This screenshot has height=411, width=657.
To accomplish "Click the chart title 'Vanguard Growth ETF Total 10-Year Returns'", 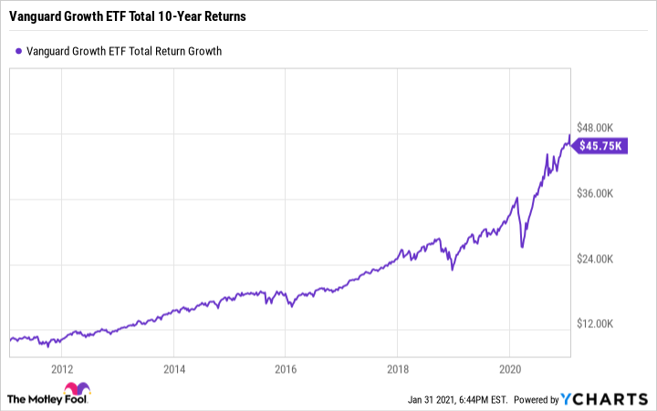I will coord(126,17).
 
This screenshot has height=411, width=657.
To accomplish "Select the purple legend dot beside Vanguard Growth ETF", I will coord(18,51).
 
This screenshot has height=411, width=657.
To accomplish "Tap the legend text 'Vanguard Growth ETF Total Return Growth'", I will coord(124,51).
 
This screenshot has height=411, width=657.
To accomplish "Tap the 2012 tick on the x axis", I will coord(62,369).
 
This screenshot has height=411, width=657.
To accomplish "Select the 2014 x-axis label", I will coord(174,369).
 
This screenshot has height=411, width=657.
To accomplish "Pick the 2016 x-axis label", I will coord(286,369).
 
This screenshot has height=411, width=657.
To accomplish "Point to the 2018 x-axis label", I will coord(398,369).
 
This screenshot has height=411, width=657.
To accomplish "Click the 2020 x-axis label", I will coord(510,369).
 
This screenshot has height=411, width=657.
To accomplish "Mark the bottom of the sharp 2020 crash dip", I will coord(522,246).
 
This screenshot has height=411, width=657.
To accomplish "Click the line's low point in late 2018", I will coord(452,270).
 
